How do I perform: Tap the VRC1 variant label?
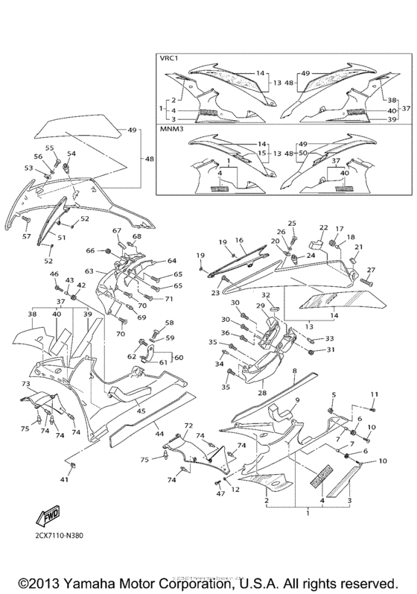(171, 57)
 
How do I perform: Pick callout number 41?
(64, 481)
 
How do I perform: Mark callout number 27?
(371, 270)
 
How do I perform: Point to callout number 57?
(26, 236)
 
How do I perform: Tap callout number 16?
(240, 241)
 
